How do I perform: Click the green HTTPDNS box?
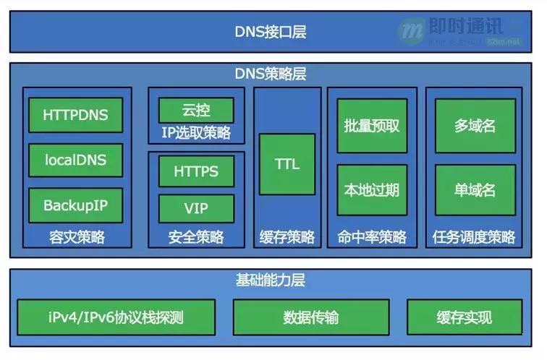[75, 116]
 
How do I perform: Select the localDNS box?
[75, 160]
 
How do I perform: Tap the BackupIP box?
[75, 205]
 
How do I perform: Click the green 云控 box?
[196, 111]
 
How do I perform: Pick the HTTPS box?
[196, 172]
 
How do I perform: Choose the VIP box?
[196, 208]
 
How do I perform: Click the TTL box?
[287, 164]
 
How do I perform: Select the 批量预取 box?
[372, 126]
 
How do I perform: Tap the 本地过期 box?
[372, 191]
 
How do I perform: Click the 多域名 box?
[475, 126]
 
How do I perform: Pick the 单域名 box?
[475, 191]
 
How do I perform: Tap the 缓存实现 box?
[464, 317]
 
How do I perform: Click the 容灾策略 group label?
[77, 237]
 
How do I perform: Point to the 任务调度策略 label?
[474, 237]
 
